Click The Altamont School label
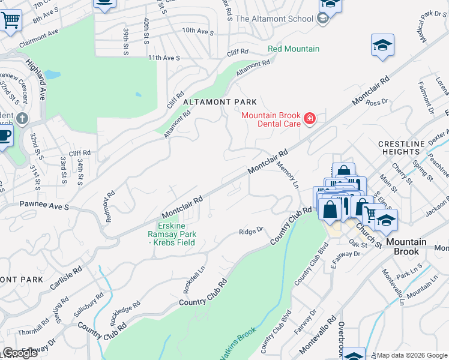(x=274, y=19)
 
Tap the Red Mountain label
(x=294, y=49)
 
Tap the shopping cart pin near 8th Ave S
(x=10, y=20)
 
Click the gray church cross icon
(x=23, y=118)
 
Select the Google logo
(x=20, y=353)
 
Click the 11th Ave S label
(x=164, y=58)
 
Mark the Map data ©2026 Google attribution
(x=411, y=355)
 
